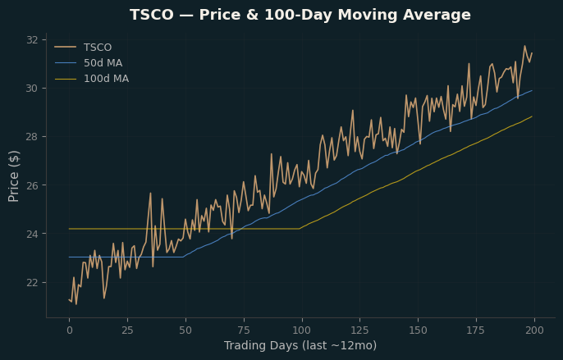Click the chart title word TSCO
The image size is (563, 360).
coord(152,15)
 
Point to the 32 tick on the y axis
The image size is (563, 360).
coord(32,40)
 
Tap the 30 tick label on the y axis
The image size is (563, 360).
coord(32,89)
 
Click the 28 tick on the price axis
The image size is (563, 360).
coord(32,137)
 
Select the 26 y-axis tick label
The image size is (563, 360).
coord(32,185)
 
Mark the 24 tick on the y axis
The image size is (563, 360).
coord(32,234)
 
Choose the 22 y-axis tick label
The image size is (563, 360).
coord(32,282)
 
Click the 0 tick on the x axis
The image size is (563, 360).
coord(69,330)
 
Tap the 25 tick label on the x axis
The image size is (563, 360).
coord(127,330)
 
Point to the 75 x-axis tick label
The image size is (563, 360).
coord(244,330)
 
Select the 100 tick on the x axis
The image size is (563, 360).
coord(302,330)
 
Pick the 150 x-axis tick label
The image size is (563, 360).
coord(419,330)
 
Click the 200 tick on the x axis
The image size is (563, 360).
coord(534,330)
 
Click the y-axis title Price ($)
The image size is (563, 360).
coord(13,176)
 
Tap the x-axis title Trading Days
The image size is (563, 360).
coord(261,345)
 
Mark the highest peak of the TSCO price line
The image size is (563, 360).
coord(524,46)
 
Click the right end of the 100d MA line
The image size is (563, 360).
coord(532,116)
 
